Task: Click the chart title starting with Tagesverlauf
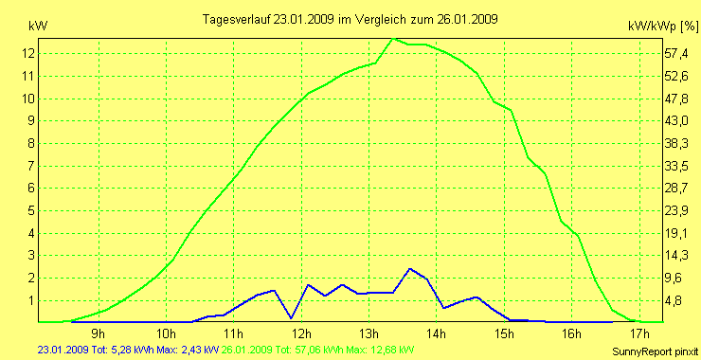[351, 19]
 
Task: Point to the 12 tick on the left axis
[28, 53]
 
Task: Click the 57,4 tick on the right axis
[674, 53]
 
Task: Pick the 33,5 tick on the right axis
[674, 166]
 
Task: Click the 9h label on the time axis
[99, 333]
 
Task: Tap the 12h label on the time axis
[301, 333]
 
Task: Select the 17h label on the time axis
[639, 333]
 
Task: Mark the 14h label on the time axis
[437, 333]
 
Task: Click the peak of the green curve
[394, 39]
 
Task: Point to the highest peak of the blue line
[410, 269]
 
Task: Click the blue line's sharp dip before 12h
[291, 317]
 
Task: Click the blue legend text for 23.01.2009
[122, 350]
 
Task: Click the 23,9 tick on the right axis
[674, 210]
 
